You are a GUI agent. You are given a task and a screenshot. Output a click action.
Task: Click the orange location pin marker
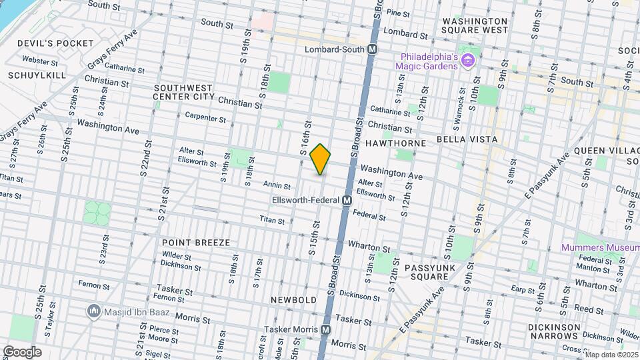pyautogui.click(x=321, y=159)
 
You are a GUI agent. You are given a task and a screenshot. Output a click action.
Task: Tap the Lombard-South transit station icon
pyautogui.click(x=373, y=49)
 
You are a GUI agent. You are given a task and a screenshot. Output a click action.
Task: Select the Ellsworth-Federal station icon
pyautogui.click(x=347, y=200)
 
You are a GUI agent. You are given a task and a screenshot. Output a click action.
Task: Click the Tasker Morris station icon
pyautogui.click(x=326, y=329)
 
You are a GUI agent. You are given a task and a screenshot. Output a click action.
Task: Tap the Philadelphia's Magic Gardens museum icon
pyautogui.click(x=468, y=61)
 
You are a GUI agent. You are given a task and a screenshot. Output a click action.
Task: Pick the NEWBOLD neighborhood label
pyautogui.click(x=293, y=300)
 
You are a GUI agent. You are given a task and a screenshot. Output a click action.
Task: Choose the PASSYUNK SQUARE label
pyautogui.click(x=429, y=271)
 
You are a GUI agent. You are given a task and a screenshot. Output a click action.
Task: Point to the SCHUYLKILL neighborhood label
pyautogui.click(x=37, y=75)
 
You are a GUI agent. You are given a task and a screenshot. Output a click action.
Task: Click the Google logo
pyautogui.click(x=22, y=352)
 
